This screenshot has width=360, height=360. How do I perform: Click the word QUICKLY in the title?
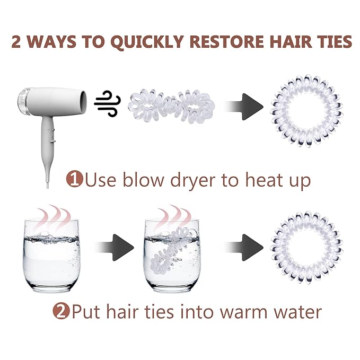click(147, 42)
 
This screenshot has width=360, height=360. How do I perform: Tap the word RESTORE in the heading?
click(227, 41)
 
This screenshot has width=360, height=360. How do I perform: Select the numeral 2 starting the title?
click(16, 42)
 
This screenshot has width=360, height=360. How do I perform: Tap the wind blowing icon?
click(108, 103)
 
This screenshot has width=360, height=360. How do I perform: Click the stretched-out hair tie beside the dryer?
click(171, 107)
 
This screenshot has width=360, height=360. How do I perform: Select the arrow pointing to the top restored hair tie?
click(244, 107)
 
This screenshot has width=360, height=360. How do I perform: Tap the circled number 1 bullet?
click(75, 179)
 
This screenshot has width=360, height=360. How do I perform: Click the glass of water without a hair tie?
click(52, 256)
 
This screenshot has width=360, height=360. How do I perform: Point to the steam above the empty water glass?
click(54, 217)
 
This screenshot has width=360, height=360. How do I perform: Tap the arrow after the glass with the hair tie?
click(244, 248)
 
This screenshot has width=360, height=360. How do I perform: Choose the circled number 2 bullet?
click(61, 312)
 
